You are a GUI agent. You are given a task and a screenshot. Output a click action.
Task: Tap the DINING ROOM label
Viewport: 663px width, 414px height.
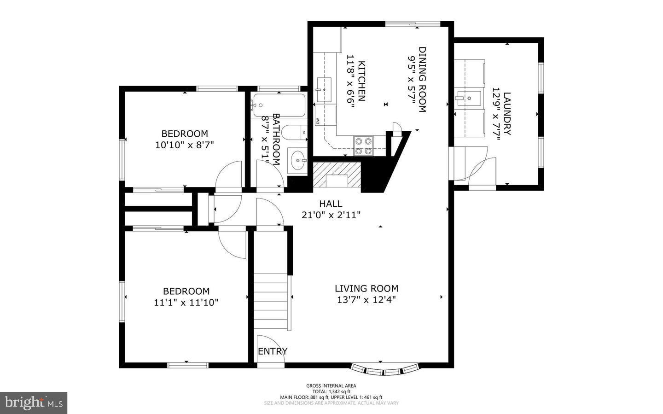(x=422, y=79)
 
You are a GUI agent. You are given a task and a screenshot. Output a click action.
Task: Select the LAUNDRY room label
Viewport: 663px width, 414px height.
(x=507, y=114)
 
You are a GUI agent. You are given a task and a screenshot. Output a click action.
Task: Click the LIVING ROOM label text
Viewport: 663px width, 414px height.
(x=366, y=289)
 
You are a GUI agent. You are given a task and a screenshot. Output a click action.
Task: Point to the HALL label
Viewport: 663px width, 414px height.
(x=331, y=204)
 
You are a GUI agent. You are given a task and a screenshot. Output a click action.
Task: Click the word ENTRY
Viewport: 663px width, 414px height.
(x=273, y=351)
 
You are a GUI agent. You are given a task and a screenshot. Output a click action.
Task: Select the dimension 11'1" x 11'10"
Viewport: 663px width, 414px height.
(x=186, y=303)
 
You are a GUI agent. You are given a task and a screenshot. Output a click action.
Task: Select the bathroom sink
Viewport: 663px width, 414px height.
(x=297, y=161)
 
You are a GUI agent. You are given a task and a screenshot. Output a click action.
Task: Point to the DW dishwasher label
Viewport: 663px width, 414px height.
(x=318, y=121)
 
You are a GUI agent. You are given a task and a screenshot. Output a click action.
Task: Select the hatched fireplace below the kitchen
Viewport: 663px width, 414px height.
(x=337, y=175)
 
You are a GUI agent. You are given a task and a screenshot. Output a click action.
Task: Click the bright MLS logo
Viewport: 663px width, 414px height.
(x=34, y=403)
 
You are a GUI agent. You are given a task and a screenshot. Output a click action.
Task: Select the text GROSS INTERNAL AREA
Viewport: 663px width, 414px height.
(x=331, y=386)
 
